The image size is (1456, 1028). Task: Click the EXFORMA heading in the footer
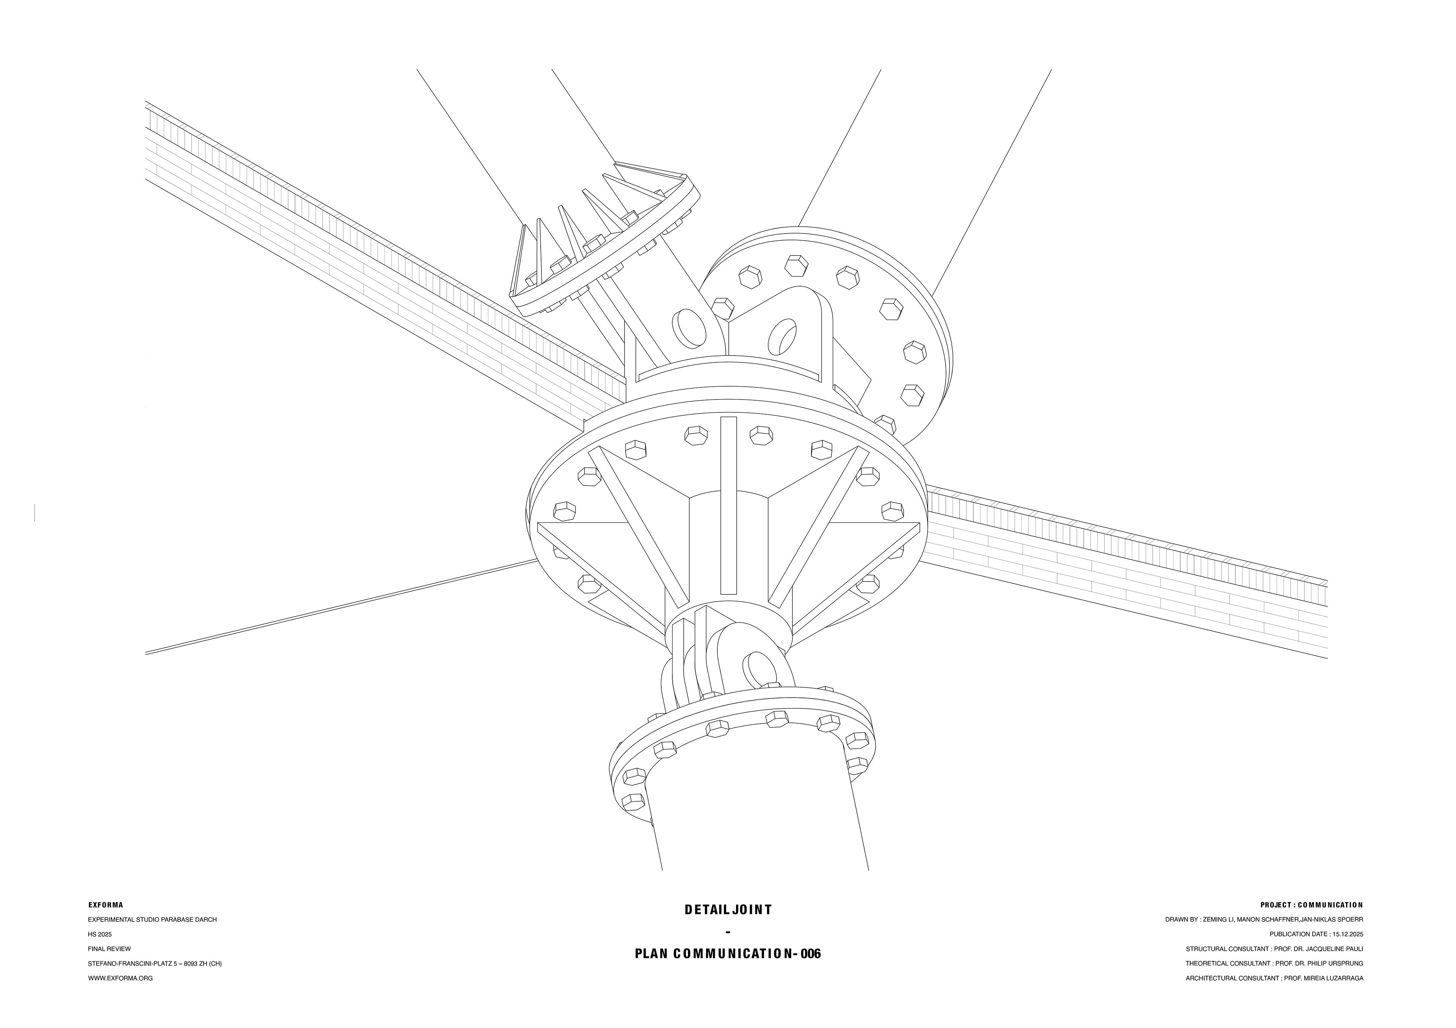click(x=105, y=905)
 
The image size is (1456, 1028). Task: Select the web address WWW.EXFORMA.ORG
click(x=121, y=978)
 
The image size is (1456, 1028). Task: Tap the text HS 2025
click(x=100, y=934)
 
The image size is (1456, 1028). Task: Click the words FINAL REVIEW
click(x=109, y=949)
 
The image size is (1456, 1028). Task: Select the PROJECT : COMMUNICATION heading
click(x=1312, y=905)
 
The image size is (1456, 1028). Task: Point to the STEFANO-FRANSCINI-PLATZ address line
click(x=155, y=963)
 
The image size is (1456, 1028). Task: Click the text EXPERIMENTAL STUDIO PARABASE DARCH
click(x=152, y=920)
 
